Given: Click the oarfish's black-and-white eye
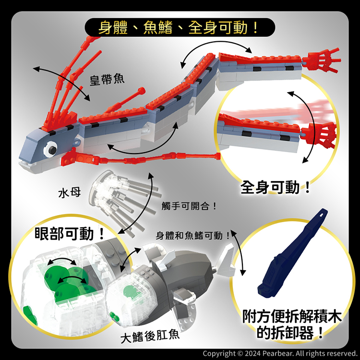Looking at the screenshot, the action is pyautogui.click(x=50, y=149).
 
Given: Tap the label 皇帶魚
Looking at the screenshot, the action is pyautogui.click(x=107, y=80).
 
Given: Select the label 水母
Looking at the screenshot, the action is pyautogui.click(x=70, y=192).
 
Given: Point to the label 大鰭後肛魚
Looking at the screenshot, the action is pyautogui.click(x=150, y=336).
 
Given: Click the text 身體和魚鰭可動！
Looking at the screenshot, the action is pyautogui.click(x=193, y=235).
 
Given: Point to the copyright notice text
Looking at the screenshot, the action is pyautogui.click(x=279, y=353).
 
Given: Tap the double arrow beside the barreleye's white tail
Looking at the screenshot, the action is pyautogui.click(x=239, y=252).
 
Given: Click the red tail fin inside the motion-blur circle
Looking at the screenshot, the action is pyautogui.click(x=319, y=135).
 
